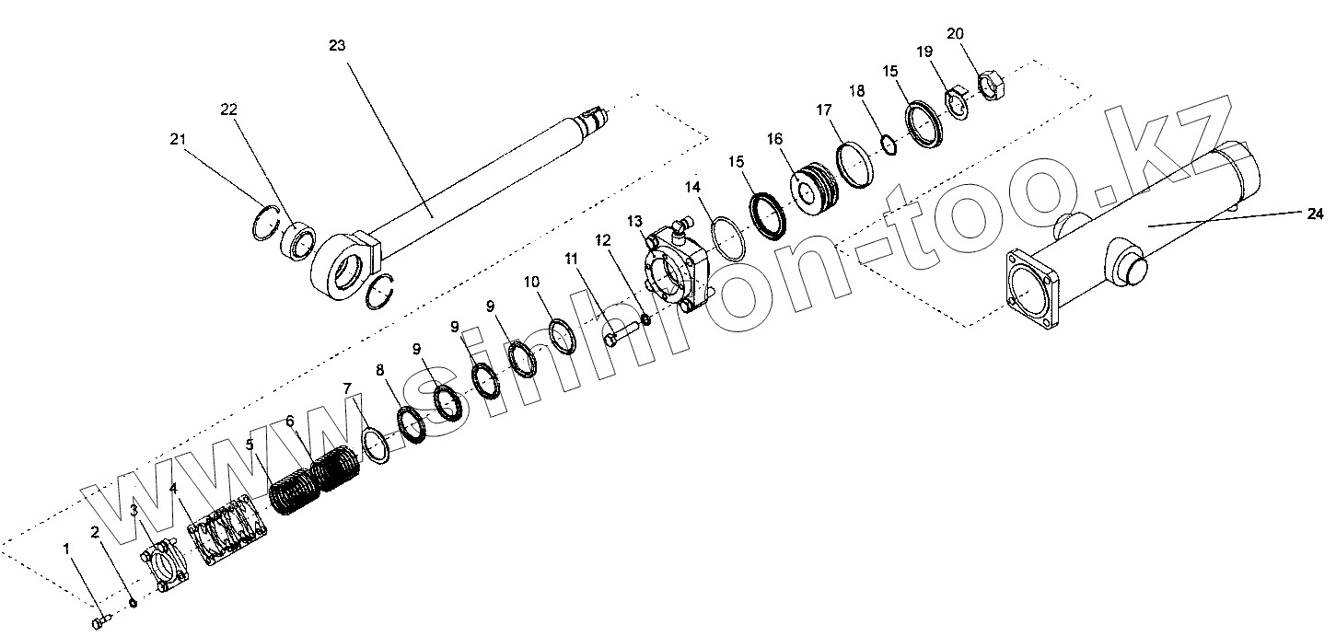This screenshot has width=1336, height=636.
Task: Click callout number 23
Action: [336, 45]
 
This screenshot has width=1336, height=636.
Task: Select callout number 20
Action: [955, 33]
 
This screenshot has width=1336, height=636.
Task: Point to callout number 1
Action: [66, 549]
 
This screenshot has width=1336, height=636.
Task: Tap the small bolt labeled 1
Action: [100, 623]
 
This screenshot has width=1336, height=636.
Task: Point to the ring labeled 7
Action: [376, 445]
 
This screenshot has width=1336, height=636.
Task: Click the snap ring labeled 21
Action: [265, 224]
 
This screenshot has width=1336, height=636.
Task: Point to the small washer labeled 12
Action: [646, 319]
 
